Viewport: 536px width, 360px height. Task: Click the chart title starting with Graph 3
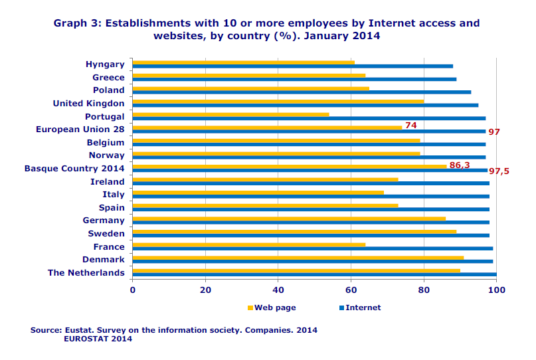tap(266, 29)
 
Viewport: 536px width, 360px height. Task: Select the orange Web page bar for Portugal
tap(230, 114)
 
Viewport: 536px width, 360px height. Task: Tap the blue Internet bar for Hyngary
tap(292, 66)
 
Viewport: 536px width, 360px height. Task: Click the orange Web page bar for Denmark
tap(298, 257)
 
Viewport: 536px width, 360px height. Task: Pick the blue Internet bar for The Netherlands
tap(314, 274)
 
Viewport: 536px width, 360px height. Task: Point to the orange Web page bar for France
tap(248, 244)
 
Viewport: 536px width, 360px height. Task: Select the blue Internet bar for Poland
tap(302, 92)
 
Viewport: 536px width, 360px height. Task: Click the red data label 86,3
tap(460, 164)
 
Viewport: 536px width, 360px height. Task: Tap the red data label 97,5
tap(499, 171)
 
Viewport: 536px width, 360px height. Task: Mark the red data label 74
tap(410, 125)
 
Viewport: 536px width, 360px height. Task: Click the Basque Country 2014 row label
tap(74, 169)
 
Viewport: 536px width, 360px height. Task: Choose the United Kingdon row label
tap(88, 104)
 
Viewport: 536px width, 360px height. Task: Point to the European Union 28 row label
tap(80, 130)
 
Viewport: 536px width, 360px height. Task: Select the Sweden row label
tap(106, 234)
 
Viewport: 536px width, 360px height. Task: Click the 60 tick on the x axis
tap(351, 290)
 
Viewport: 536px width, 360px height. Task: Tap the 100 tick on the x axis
tap(496, 290)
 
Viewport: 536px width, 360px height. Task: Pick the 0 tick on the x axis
tap(133, 290)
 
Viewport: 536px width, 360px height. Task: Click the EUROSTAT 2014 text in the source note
tap(98, 339)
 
